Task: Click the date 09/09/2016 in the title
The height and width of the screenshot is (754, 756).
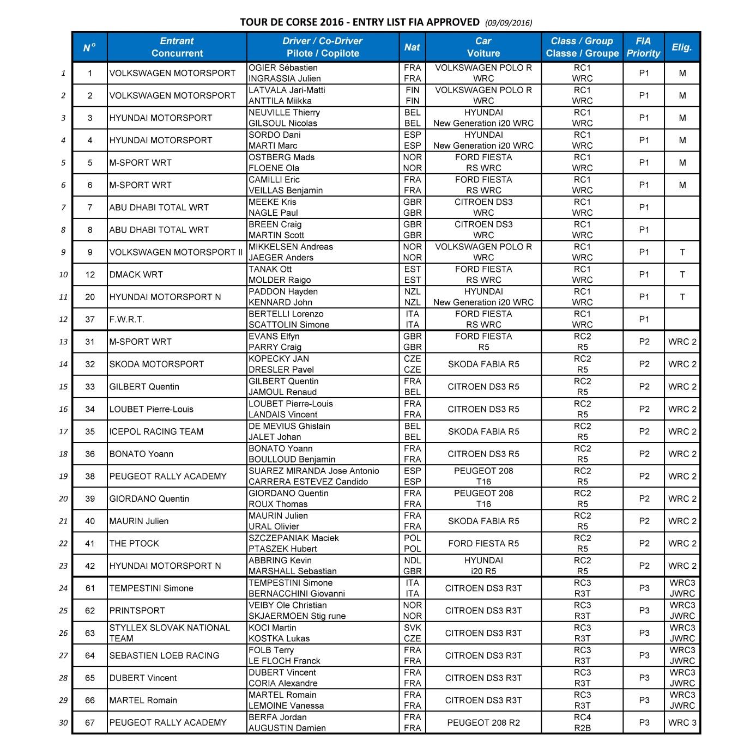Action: (508, 23)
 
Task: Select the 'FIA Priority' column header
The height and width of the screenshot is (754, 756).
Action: (643, 47)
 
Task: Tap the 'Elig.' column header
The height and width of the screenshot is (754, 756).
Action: (682, 47)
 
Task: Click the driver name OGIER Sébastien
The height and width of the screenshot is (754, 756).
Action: (283, 68)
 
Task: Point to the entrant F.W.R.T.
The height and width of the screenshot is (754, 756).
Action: (126, 320)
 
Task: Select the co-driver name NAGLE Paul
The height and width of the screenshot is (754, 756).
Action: (273, 213)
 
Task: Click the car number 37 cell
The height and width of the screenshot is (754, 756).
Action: (90, 320)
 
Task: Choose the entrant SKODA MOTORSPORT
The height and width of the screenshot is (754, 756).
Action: (156, 364)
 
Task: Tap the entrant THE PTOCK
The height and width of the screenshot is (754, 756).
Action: (134, 543)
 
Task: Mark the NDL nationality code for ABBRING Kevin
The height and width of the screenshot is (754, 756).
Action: (413, 561)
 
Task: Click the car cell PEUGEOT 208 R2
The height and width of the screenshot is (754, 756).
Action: (483, 723)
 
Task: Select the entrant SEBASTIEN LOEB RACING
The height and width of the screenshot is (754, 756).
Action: (164, 655)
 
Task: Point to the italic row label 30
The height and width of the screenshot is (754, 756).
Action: (63, 723)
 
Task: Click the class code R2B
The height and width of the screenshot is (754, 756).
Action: (582, 728)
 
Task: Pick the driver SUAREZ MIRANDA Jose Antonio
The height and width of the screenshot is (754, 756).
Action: (313, 471)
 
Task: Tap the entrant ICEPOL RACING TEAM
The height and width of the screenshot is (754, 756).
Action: (156, 431)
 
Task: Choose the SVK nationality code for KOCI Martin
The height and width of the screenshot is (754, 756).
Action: (413, 628)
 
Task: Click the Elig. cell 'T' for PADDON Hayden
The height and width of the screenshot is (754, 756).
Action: (682, 297)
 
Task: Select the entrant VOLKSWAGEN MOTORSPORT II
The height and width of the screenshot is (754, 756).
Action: (176, 252)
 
